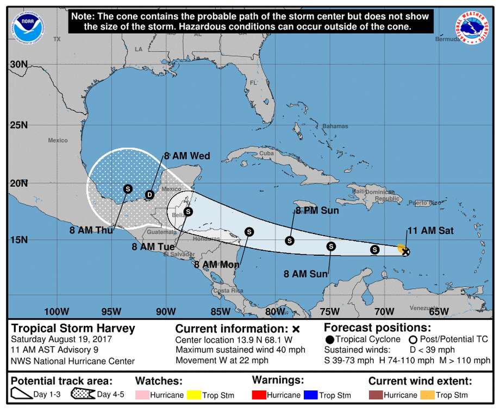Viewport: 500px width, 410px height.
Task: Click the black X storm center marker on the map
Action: click(x=405, y=251)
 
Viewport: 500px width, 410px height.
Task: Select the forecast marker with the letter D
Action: click(x=150, y=194)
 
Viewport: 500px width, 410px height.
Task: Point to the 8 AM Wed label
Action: click(x=187, y=156)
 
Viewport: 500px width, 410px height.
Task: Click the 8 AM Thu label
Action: click(x=91, y=230)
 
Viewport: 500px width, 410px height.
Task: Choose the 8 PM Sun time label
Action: click(x=317, y=211)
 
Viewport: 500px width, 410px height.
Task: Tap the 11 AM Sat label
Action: click(x=430, y=231)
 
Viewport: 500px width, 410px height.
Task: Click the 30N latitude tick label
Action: click(x=18, y=64)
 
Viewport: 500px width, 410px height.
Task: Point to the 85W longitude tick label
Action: click(x=220, y=311)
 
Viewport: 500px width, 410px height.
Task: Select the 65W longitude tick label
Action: click(x=439, y=311)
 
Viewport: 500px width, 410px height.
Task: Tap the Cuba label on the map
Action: click(x=266, y=153)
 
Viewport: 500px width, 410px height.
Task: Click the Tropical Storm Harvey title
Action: click(x=73, y=329)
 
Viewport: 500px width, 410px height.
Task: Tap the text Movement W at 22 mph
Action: click(x=222, y=360)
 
